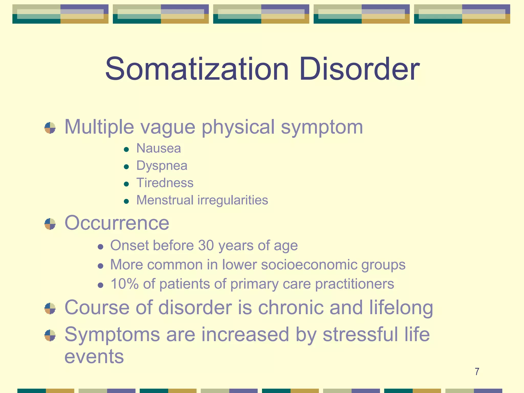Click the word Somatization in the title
pos(197,69)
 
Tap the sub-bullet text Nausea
pos(159,148)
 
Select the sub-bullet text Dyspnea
pos(162,166)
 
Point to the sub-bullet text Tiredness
pos(165,183)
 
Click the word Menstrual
pos(165,200)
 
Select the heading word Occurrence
pos(117,223)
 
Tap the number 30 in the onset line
pos(206,245)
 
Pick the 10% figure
pos(124,284)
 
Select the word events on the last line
pos(94,357)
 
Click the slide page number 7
pos(477,372)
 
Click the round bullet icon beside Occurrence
pos(50,224)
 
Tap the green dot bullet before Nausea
pos(126,149)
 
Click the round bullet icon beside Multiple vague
pos(50,128)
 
